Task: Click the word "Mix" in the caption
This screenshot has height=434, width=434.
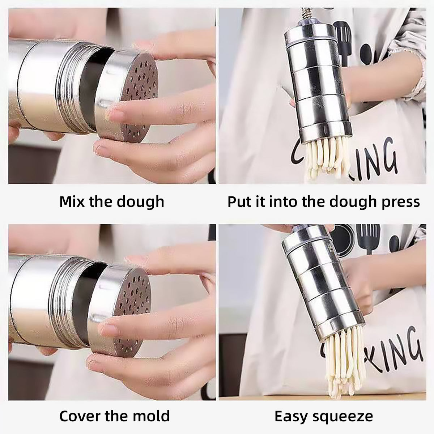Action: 72,201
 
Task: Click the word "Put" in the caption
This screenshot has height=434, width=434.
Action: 239,201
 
